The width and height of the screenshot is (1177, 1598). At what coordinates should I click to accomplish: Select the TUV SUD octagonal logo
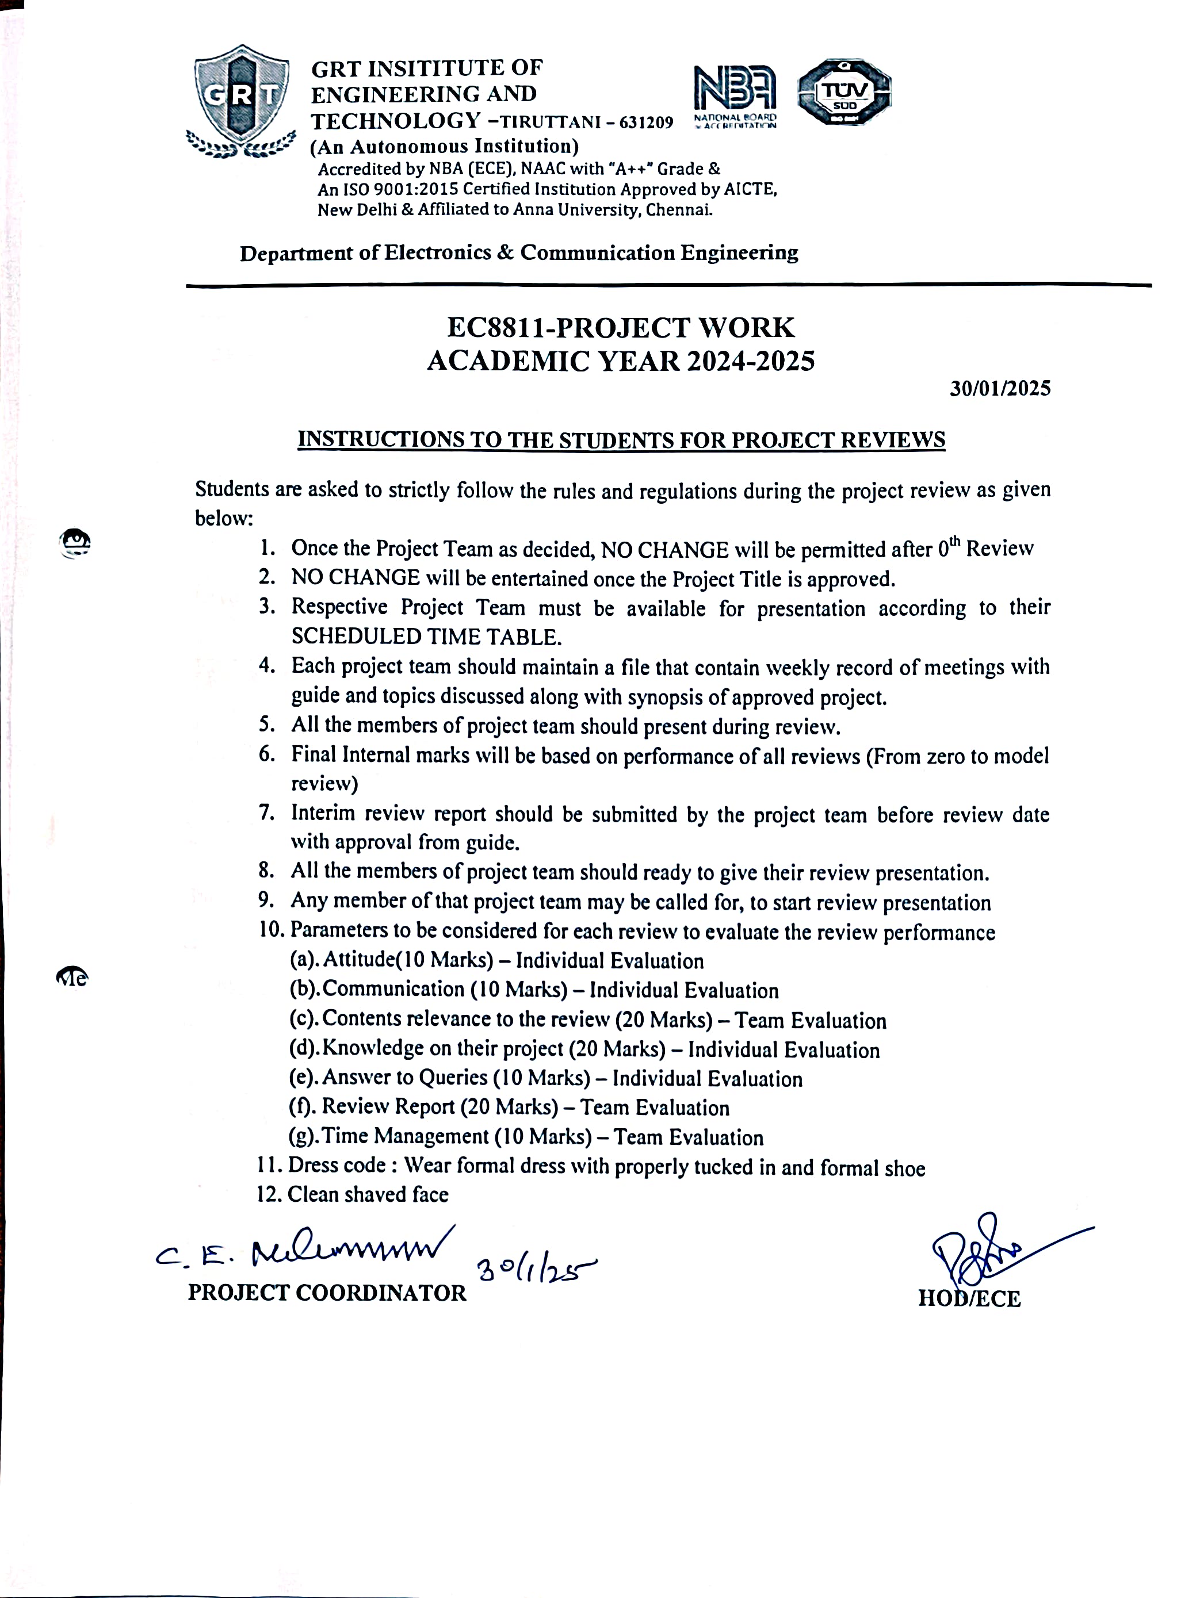pos(844,93)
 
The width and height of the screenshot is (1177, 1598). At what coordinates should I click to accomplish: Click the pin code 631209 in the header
pos(646,123)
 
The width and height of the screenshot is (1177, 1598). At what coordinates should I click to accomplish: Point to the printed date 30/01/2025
pos(1000,389)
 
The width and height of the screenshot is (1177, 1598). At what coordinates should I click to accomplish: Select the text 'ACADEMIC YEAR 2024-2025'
pos(621,362)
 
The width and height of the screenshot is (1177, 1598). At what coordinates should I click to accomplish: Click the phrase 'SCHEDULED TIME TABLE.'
pos(424,637)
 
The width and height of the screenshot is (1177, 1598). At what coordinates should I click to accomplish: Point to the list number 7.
pos(266,813)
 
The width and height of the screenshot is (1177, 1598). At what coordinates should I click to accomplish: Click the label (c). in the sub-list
pos(304,1019)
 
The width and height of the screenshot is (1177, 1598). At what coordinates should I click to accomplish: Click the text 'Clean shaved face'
pos(368,1194)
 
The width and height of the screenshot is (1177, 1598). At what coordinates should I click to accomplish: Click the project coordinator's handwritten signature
pos(307,1251)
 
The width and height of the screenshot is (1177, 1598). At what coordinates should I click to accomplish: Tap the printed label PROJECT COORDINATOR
pos(327,1293)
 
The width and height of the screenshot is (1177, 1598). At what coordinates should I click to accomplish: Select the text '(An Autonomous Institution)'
pos(444,147)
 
